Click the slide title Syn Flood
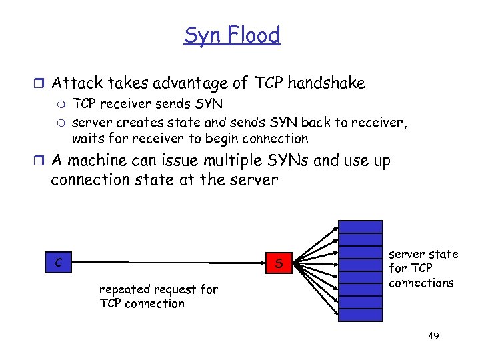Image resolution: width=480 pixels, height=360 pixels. point(232,35)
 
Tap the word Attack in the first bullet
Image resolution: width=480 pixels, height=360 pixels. point(74,83)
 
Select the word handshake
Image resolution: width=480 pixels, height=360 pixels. point(327,83)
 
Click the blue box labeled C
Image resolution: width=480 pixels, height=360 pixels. point(59,263)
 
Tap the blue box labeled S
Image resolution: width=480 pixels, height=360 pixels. point(279,264)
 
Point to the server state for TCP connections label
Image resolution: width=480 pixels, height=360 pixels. point(423,269)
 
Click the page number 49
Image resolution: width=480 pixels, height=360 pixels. point(433,336)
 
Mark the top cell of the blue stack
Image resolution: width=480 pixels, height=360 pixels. point(360,227)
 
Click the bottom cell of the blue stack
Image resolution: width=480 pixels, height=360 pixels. point(360,315)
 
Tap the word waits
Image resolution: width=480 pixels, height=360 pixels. point(87,139)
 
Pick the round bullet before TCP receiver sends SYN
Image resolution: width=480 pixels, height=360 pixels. point(63,105)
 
